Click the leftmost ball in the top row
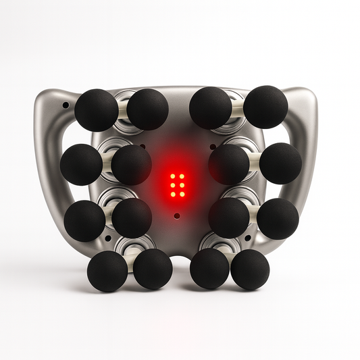pos(96,110)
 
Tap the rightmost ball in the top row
pos(265,107)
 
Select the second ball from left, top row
pos(147,109)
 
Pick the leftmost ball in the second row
pos(82,165)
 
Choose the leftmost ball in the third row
pos(85,220)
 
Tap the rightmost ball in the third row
pos(278,218)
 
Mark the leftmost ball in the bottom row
pos(107,271)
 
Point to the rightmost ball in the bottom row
pos(250,269)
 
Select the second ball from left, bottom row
pos(153,269)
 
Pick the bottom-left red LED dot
pos(173,195)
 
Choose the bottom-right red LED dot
pos(182,195)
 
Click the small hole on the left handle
pos(65,105)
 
